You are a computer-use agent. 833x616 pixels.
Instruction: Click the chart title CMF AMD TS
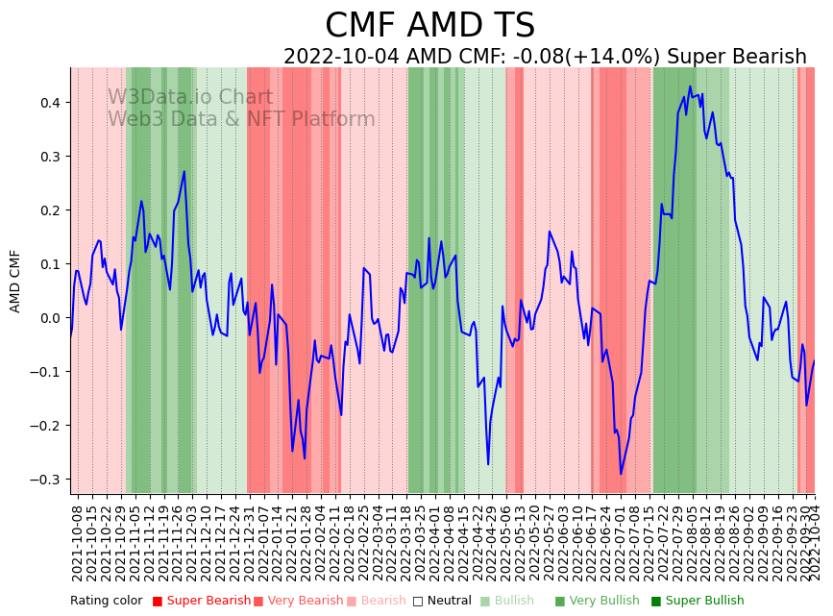pyautogui.click(x=429, y=26)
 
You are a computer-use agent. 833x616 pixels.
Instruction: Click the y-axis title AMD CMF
pyautogui.click(x=15, y=281)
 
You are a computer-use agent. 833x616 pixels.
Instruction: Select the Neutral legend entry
pyautogui.click(x=443, y=602)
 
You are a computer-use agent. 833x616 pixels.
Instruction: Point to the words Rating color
pyautogui.click(x=106, y=602)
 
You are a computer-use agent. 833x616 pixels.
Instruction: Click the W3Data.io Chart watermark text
pyautogui.click(x=190, y=98)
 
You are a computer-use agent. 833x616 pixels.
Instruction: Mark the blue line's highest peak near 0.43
pyautogui.click(x=690, y=86)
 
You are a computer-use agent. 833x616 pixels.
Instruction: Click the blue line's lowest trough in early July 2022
pyautogui.click(x=621, y=474)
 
